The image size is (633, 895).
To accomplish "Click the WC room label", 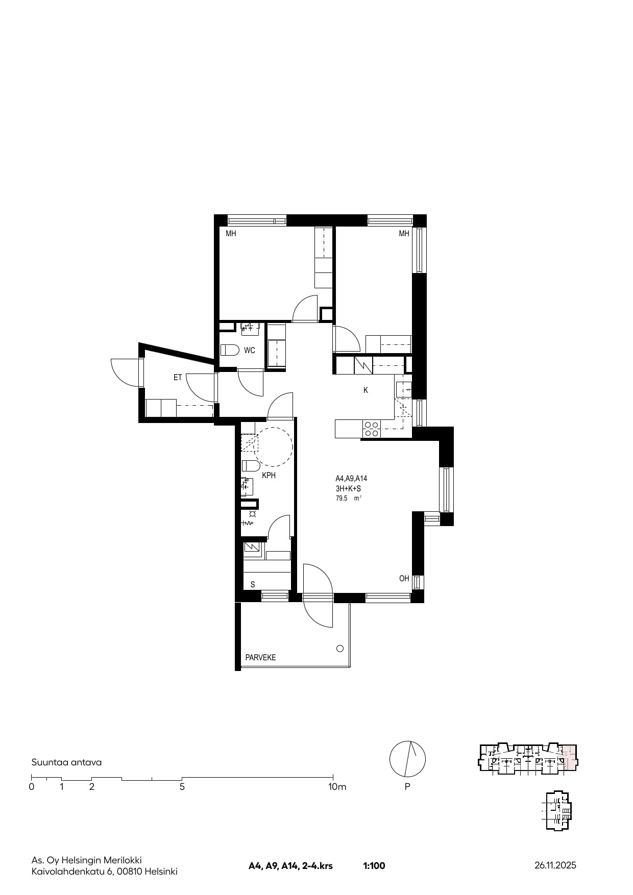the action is click(x=249, y=351).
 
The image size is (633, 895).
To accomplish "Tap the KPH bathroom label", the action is click(x=269, y=476).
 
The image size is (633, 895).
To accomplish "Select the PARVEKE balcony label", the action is click(x=260, y=658).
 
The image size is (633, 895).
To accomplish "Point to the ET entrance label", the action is click(x=178, y=378).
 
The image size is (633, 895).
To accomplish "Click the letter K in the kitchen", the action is click(x=366, y=390).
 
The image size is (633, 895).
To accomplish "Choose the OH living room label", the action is click(x=404, y=579).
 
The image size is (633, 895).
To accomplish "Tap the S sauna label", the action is click(x=253, y=585).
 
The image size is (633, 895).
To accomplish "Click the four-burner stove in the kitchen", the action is click(x=371, y=429).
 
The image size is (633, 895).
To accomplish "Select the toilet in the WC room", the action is click(x=230, y=350).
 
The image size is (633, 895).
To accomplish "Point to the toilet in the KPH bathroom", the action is click(x=251, y=466).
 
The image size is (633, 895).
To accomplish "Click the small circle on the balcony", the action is click(x=340, y=649).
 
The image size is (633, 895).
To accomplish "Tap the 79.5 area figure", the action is click(x=342, y=499).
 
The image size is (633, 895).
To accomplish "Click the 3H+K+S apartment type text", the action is click(x=348, y=489).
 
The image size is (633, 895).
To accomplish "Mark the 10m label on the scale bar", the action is click(x=337, y=787).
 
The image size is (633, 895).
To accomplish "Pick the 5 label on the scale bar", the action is click(x=182, y=787).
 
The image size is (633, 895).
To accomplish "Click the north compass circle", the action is click(x=407, y=759).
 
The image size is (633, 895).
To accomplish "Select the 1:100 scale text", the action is click(x=374, y=866).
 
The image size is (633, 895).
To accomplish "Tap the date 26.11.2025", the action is click(x=555, y=865).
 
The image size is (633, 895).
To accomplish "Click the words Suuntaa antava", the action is click(x=66, y=762).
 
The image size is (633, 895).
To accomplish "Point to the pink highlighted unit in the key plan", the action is click(x=569, y=758).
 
